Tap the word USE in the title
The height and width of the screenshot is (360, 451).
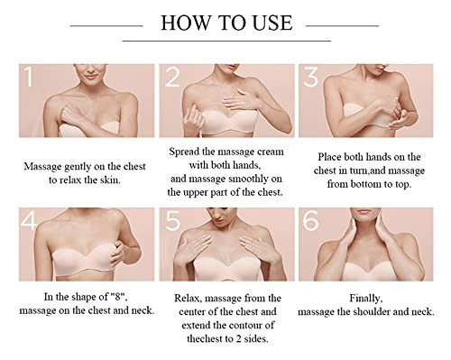point(272,23)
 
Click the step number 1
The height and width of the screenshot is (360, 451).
point(29,77)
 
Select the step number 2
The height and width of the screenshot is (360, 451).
point(172,77)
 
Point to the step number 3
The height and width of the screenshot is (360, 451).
point(310,77)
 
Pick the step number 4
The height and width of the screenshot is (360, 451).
point(29,221)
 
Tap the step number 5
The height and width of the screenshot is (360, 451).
point(173,221)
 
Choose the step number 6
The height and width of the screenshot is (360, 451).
point(310,221)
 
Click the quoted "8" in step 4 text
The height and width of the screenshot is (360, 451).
point(118,297)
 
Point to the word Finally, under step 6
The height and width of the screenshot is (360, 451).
point(366,299)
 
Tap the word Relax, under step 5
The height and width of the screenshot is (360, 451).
point(188,299)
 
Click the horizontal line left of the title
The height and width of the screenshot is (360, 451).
point(106,26)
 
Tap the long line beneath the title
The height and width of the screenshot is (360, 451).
point(226,41)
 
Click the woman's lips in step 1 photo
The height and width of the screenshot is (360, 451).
point(91,76)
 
